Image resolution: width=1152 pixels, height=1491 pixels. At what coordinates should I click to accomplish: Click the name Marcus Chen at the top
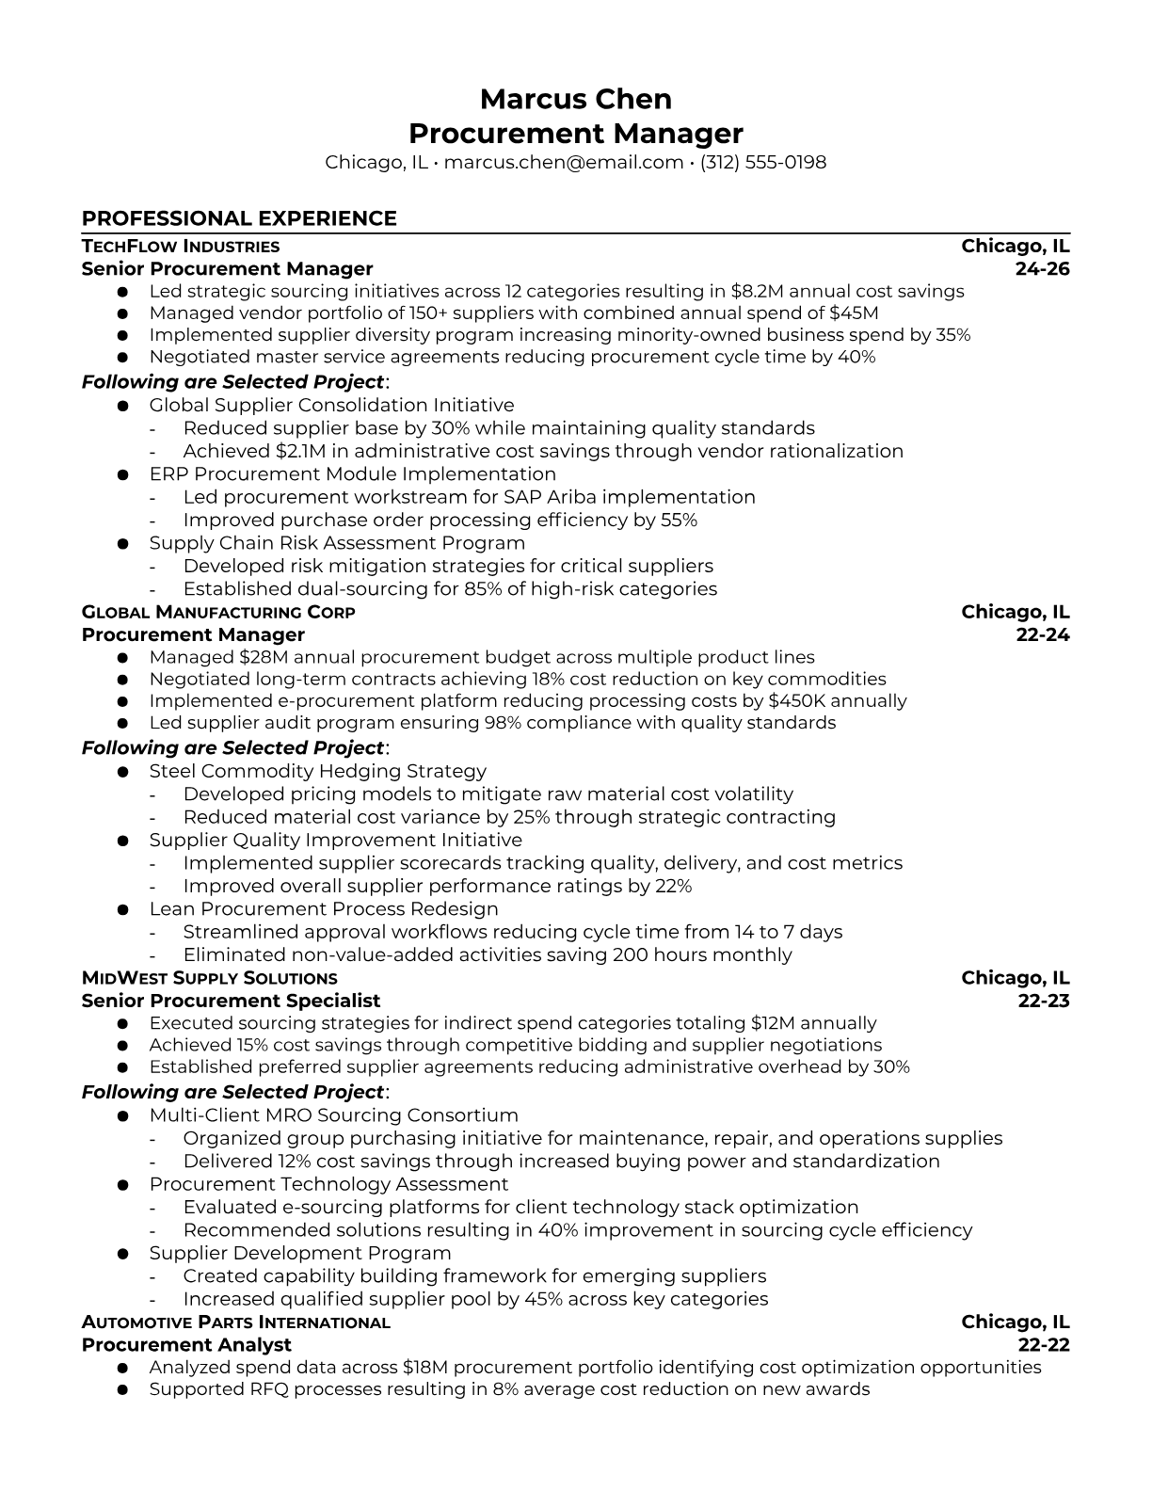575,99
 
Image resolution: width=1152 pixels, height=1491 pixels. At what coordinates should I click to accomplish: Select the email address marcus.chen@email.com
563,162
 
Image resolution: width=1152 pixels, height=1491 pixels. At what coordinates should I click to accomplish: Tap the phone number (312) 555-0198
763,162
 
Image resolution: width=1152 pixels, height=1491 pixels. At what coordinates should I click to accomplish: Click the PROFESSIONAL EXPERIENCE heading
239,218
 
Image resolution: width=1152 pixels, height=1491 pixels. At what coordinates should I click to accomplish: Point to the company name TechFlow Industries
181,247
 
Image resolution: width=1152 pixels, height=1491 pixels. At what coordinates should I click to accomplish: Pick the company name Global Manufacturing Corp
218,613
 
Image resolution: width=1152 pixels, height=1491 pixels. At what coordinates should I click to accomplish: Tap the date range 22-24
1043,635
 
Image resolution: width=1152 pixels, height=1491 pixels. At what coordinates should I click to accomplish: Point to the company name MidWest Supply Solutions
209,979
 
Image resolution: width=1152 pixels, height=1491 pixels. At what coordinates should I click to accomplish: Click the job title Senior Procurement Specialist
231,1001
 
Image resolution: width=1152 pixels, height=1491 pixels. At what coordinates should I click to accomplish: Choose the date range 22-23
1044,1001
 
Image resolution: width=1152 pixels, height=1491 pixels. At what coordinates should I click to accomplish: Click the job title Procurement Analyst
186,1345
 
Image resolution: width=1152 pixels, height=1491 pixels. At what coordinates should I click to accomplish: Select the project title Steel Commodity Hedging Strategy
317,772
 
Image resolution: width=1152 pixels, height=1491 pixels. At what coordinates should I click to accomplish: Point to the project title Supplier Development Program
299,1254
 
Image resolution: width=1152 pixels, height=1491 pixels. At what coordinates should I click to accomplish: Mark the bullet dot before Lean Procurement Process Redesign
122,910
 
